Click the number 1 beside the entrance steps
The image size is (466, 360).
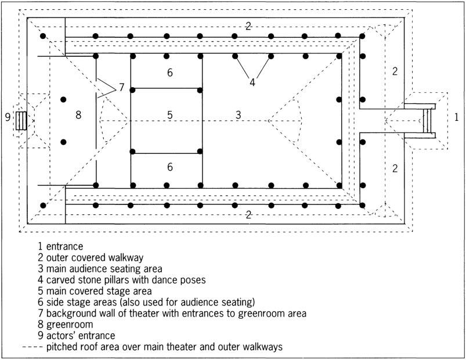457,118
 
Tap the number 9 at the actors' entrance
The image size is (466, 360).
8,117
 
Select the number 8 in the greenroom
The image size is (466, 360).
78,115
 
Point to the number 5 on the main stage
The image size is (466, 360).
169,115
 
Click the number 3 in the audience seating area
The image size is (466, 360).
238,115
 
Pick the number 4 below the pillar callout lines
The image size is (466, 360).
252,82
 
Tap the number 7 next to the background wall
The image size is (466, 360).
121,87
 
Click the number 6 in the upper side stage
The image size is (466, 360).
169,73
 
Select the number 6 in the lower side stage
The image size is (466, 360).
169,167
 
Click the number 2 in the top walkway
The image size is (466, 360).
248,26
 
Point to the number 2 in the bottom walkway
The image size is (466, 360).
248,214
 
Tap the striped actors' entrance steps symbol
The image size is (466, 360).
22,120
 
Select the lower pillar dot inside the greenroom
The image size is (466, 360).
64,142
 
